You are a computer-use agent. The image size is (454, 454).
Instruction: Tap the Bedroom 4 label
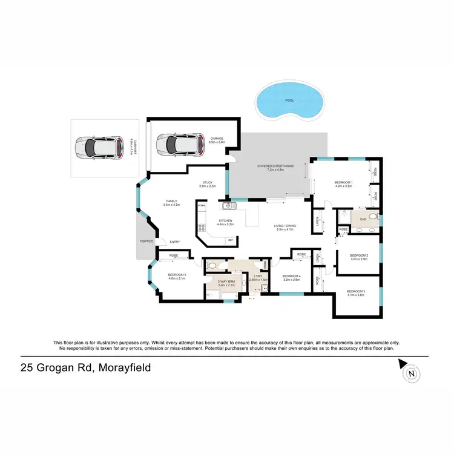[x=292, y=277]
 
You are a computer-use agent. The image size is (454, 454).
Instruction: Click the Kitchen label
[x=226, y=220]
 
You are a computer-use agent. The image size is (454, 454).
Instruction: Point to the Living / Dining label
[x=285, y=226]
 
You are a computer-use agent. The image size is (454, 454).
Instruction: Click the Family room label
[x=173, y=202]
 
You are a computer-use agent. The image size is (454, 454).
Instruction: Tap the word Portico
[x=146, y=242]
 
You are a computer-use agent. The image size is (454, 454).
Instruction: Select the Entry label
[x=175, y=242]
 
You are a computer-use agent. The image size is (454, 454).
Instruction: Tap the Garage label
[x=217, y=139]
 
